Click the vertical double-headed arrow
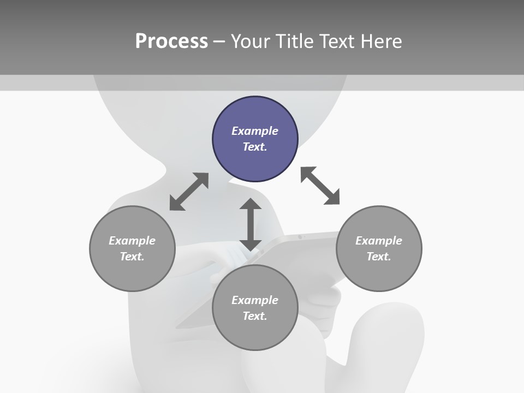pos(251,224)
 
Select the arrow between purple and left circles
pos(189,192)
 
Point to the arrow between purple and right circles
pos(320,186)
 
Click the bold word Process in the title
pos(171,41)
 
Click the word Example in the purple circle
pos(255,131)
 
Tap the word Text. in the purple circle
pos(255,147)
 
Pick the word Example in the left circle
pos(132,241)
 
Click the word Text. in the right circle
pos(379,257)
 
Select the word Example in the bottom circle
pos(255,300)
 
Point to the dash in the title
pos(219,41)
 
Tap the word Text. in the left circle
pos(132,257)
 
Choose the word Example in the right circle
pos(379,241)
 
